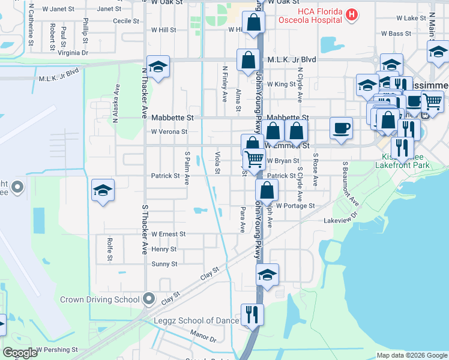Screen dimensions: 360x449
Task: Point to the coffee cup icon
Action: click(341, 128)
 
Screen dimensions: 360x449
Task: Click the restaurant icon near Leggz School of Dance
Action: click(252, 314)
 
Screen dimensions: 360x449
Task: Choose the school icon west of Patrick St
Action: click(103, 191)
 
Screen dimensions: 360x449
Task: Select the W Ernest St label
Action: click(168, 234)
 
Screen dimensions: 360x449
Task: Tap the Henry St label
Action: click(164, 249)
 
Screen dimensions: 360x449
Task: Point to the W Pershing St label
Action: click(57, 349)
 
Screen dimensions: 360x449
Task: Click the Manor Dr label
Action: click(202, 340)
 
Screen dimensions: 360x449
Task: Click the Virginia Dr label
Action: click(73, 53)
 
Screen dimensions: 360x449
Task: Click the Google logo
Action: click(20, 353)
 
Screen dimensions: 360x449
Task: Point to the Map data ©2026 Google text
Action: click(412, 355)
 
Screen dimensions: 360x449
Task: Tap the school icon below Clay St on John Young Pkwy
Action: click(267, 275)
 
